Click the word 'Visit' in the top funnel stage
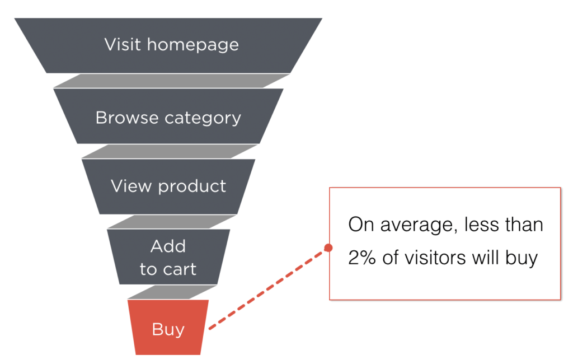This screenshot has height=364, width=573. point(123,44)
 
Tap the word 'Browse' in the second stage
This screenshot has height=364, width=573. point(127,118)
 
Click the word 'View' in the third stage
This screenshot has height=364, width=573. point(131,186)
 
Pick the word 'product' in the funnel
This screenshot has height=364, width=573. point(192,187)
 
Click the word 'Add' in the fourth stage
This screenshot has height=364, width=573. point(168,246)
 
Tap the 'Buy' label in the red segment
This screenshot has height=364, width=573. point(168,330)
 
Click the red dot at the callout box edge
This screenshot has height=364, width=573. point(328,248)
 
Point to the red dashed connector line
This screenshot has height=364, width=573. point(268,288)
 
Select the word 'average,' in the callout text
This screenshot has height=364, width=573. point(419,225)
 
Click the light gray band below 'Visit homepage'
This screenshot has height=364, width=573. point(171,81)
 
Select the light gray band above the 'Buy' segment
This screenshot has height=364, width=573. point(172,292)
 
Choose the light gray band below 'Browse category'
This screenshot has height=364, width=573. point(170,151)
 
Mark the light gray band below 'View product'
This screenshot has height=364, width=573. point(171,222)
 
